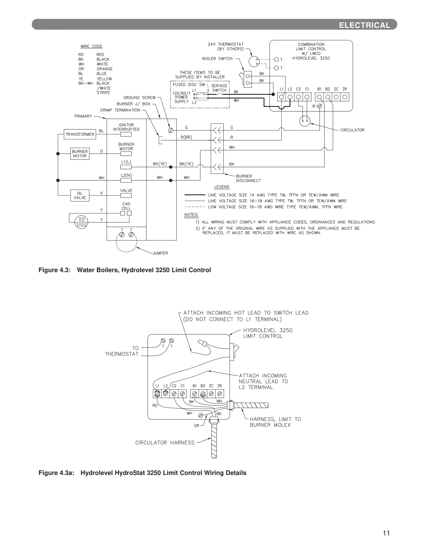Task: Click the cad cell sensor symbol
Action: (x=81, y=222)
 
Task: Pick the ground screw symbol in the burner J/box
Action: (x=171, y=130)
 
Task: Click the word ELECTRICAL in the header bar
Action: (x=365, y=25)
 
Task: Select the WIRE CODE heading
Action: (x=92, y=46)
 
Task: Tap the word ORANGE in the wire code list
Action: (x=105, y=69)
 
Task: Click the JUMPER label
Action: (x=160, y=253)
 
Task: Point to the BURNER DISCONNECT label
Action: (x=248, y=178)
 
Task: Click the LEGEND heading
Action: (x=222, y=187)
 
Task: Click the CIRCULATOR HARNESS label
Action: (x=165, y=443)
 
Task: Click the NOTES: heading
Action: (x=191, y=215)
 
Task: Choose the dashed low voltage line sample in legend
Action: (x=195, y=207)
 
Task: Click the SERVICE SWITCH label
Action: (x=219, y=88)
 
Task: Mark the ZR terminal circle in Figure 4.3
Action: (x=345, y=97)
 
